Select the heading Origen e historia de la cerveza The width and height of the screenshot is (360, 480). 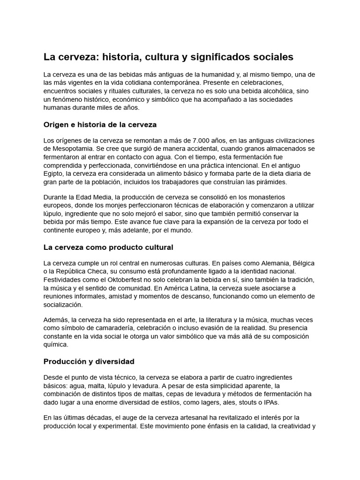coord(100,125)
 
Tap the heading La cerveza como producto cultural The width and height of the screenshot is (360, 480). coord(108,247)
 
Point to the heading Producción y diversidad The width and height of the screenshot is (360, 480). coord(89,361)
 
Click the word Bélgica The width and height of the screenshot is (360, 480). coord(301,263)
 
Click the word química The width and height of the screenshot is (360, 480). coord(56,345)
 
